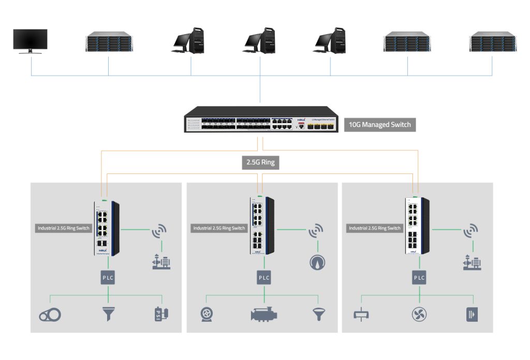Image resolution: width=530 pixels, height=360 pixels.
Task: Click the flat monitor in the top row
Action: [x=31, y=40]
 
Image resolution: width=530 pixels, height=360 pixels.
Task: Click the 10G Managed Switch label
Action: [x=380, y=125]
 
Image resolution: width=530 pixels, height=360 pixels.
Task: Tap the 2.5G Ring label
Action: [x=260, y=162]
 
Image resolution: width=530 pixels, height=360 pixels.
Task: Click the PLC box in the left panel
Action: [x=108, y=278]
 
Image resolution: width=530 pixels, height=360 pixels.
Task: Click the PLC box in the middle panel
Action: [x=264, y=278]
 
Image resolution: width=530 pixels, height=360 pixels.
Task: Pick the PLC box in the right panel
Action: [x=419, y=278]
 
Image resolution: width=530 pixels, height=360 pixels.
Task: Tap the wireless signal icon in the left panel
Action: [x=159, y=232]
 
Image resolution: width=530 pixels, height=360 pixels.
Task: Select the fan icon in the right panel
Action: [x=419, y=314]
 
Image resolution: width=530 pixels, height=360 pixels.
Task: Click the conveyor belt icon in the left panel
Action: [x=50, y=314]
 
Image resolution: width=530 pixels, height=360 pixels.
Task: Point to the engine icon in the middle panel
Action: [x=264, y=314]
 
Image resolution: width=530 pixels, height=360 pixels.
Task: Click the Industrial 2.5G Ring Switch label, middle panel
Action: [x=219, y=228]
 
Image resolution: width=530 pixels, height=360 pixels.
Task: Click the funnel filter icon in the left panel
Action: [x=108, y=314]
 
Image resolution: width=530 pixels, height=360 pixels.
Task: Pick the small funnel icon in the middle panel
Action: [x=317, y=314]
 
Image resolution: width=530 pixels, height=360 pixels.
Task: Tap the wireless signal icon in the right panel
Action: [x=470, y=232]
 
